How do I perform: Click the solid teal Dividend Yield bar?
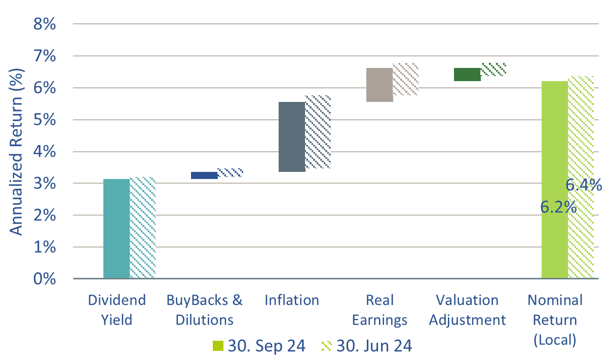pyautogui.click(x=117, y=228)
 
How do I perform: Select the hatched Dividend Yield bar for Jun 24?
pyautogui.click(x=142, y=228)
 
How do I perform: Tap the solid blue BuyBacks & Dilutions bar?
pyautogui.click(x=204, y=175)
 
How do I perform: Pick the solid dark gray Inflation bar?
pyautogui.click(x=292, y=137)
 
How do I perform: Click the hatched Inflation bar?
pyautogui.click(x=318, y=132)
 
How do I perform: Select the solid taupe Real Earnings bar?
pyautogui.click(x=379, y=85)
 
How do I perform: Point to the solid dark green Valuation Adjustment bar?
pyautogui.click(x=467, y=75)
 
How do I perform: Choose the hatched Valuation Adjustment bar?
pyautogui.click(x=493, y=69)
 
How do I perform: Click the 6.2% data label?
pyautogui.click(x=558, y=207)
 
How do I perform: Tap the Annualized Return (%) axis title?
pyautogui.click(x=17, y=152)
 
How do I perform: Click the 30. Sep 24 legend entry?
pyautogui.click(x=259, y=346)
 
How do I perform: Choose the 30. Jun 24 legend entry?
pyautogui.click(x=366, y=346)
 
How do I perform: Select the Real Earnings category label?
pyautogui.click(x=379, y=310)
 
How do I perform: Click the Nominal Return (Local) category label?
pyautogui.click(x=555, y=320)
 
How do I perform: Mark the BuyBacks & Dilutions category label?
pyautogui.click(x=204, y=310)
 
